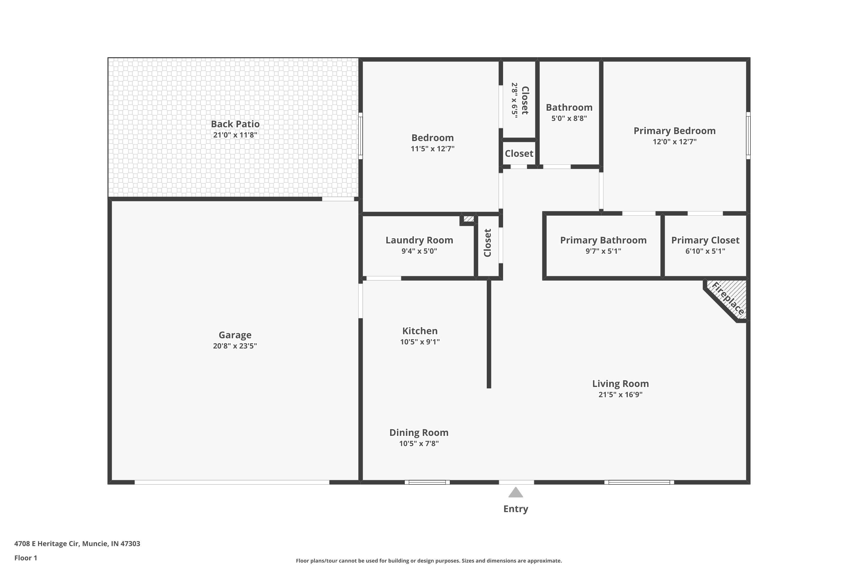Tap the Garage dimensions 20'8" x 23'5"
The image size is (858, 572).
tap(235, 346)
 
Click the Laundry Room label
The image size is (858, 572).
tap(419, 240)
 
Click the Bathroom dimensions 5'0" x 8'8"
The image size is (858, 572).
tap(569, 118)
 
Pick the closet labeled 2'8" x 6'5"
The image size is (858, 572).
tap(519, 100)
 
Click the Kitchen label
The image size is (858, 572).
tap(420, 331)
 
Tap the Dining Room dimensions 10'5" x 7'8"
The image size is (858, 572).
tap(419, 444)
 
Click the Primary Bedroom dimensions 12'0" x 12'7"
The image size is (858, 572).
tap(674, 142)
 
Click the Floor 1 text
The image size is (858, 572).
tap(25, 558)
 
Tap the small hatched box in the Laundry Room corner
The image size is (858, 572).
tap(469, 219)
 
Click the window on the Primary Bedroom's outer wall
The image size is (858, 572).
tap(748, 135)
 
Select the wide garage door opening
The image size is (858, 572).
tap(232, 482)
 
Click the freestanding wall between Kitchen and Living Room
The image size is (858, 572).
tap(489, 334)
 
